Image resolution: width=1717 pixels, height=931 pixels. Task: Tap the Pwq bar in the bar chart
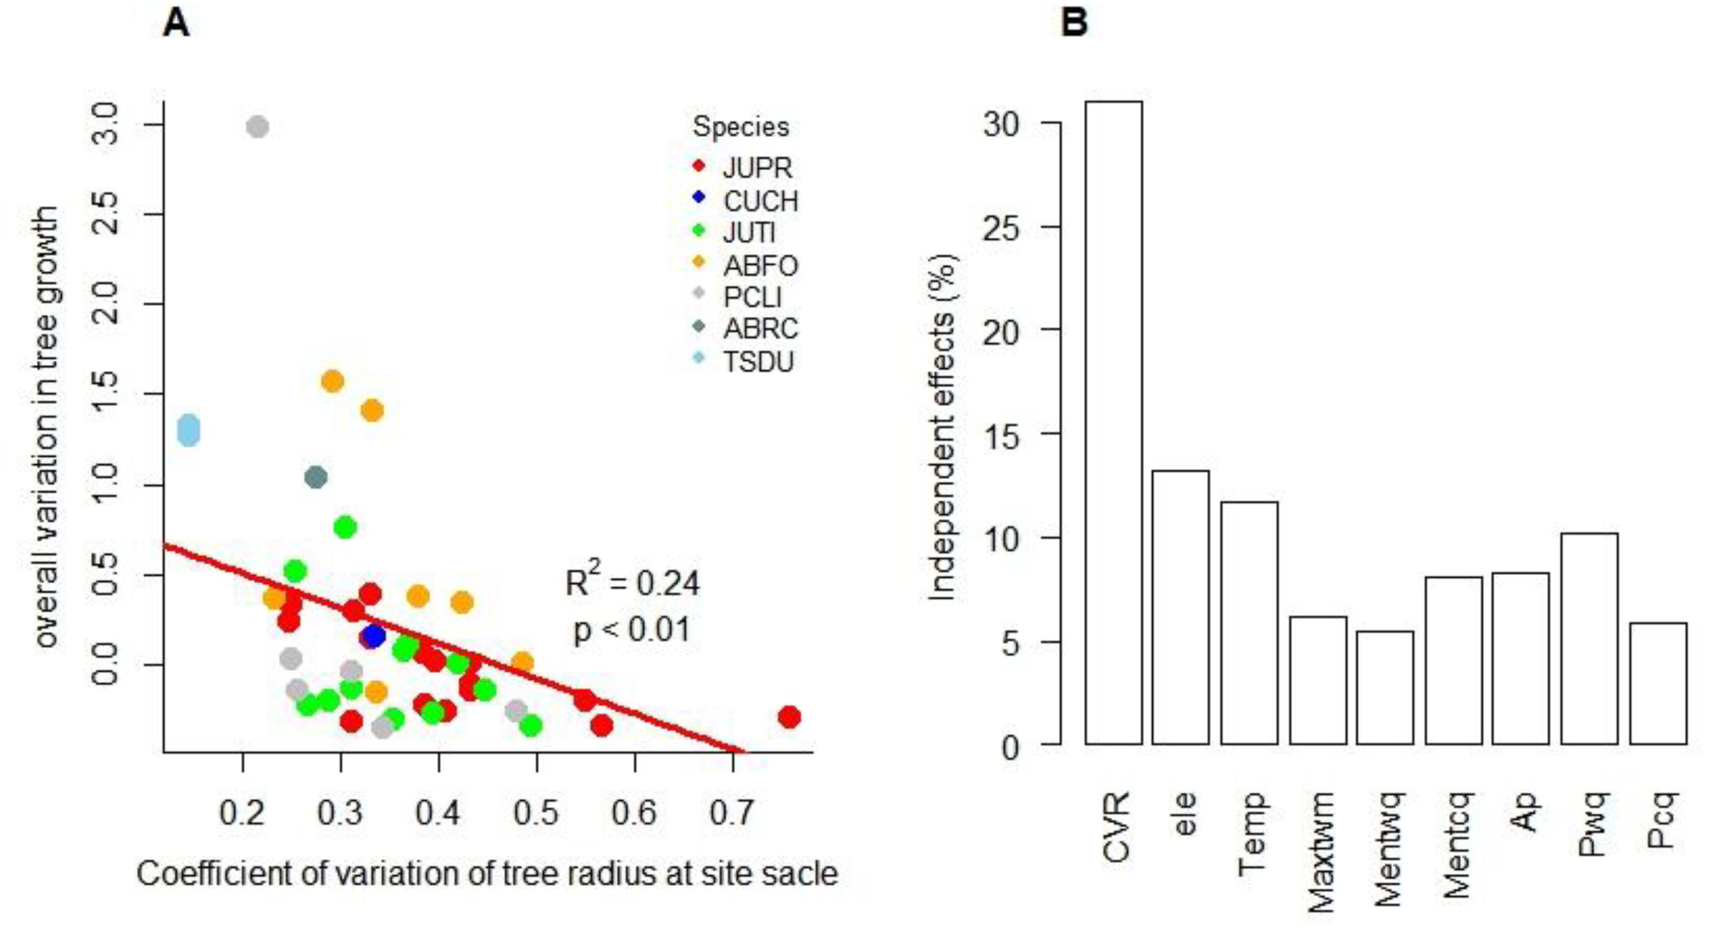[x=1589, y=638]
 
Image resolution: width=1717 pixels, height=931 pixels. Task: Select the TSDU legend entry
[x=758, y=362]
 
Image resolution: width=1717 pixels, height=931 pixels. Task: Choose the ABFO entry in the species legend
[x=760, y=265]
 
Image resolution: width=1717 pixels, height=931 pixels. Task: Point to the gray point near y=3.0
[x=257, y=127]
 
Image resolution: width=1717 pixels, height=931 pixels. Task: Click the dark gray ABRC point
[x=316, y=477]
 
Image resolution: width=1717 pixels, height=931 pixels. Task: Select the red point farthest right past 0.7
[x=789, y=717]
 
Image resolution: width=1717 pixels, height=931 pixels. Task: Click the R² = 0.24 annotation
[x=632, y=582]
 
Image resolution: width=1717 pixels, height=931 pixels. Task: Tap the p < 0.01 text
[x=632, y=630]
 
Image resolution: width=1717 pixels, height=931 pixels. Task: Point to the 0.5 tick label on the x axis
[x=537, y=812]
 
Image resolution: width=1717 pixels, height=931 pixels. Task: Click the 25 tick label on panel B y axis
[x=1001, y=228]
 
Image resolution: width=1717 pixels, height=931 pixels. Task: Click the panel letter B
[x=1074, y=23]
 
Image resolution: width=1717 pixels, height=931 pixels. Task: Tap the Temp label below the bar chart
[x=1251, y=833]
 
